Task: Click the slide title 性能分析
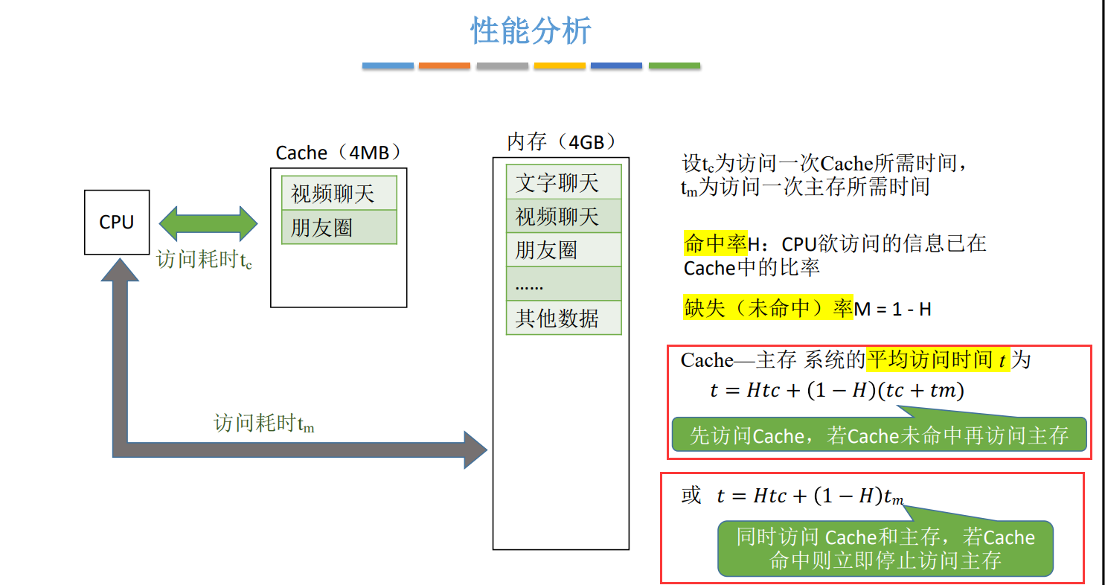pyautogui.click(x=531, y=31)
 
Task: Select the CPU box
pyautogui.click(x=117, y=222)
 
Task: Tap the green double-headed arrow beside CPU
pyautogui.click(x=208, y=222)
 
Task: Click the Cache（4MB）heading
pyautogui.click(x=339, y=153)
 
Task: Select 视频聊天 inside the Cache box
pyautogui.click(x=339, y=194)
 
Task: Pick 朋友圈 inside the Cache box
pyautogui.click(x=339, y=228)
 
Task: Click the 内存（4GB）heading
pyautogui.click(x=562, y=141)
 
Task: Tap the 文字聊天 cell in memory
pyautogui.click(x=563, y=182)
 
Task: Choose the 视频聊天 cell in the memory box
pyautogui.click(x=563, y=217)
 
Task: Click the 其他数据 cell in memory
pyautogui.click(x=563, y=318)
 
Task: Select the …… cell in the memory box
pyautogui.click(x=563, y=284)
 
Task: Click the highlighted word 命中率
pyautogui.click(x=715, y=243)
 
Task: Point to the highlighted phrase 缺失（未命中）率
pyautogui.click(x=768, y=308)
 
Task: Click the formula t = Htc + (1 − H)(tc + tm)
pyautogui.click(x=836, y=390)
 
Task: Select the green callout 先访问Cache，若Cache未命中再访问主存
pyautogui.click(x=879, y=435)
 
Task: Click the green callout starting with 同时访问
pyautogui.click(x=885, y=549)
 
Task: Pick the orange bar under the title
pyautogui.click(x=444, y=65)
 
